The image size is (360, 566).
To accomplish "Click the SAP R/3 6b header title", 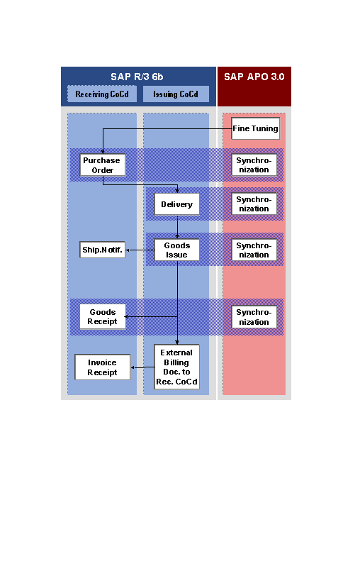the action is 137,77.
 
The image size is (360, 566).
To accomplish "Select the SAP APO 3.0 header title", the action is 254,77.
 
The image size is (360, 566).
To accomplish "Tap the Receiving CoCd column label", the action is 102,94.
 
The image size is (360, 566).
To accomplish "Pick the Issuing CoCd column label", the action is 176,94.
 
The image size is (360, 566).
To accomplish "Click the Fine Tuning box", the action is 255,128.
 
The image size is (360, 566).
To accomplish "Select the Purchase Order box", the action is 103,165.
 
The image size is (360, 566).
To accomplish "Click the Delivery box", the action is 176,204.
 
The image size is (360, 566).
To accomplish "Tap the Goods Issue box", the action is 176,250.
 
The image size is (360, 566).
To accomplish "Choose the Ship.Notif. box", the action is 102,250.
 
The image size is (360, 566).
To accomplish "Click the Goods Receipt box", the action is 103,316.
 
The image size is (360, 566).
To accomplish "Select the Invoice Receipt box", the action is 103,367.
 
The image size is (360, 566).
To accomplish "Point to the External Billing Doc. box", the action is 176,367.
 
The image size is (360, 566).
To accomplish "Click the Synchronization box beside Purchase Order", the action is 254,165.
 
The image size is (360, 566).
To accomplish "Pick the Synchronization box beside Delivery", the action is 254,204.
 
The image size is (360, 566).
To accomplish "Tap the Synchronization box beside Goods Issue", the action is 254,250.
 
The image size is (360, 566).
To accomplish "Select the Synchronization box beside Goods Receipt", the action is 254,317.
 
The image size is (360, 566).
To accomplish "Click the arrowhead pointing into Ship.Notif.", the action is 128,250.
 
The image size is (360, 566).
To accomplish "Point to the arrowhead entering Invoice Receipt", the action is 133,367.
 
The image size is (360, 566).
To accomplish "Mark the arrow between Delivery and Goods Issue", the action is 177,227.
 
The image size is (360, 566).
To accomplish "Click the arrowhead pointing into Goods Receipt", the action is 126,317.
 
